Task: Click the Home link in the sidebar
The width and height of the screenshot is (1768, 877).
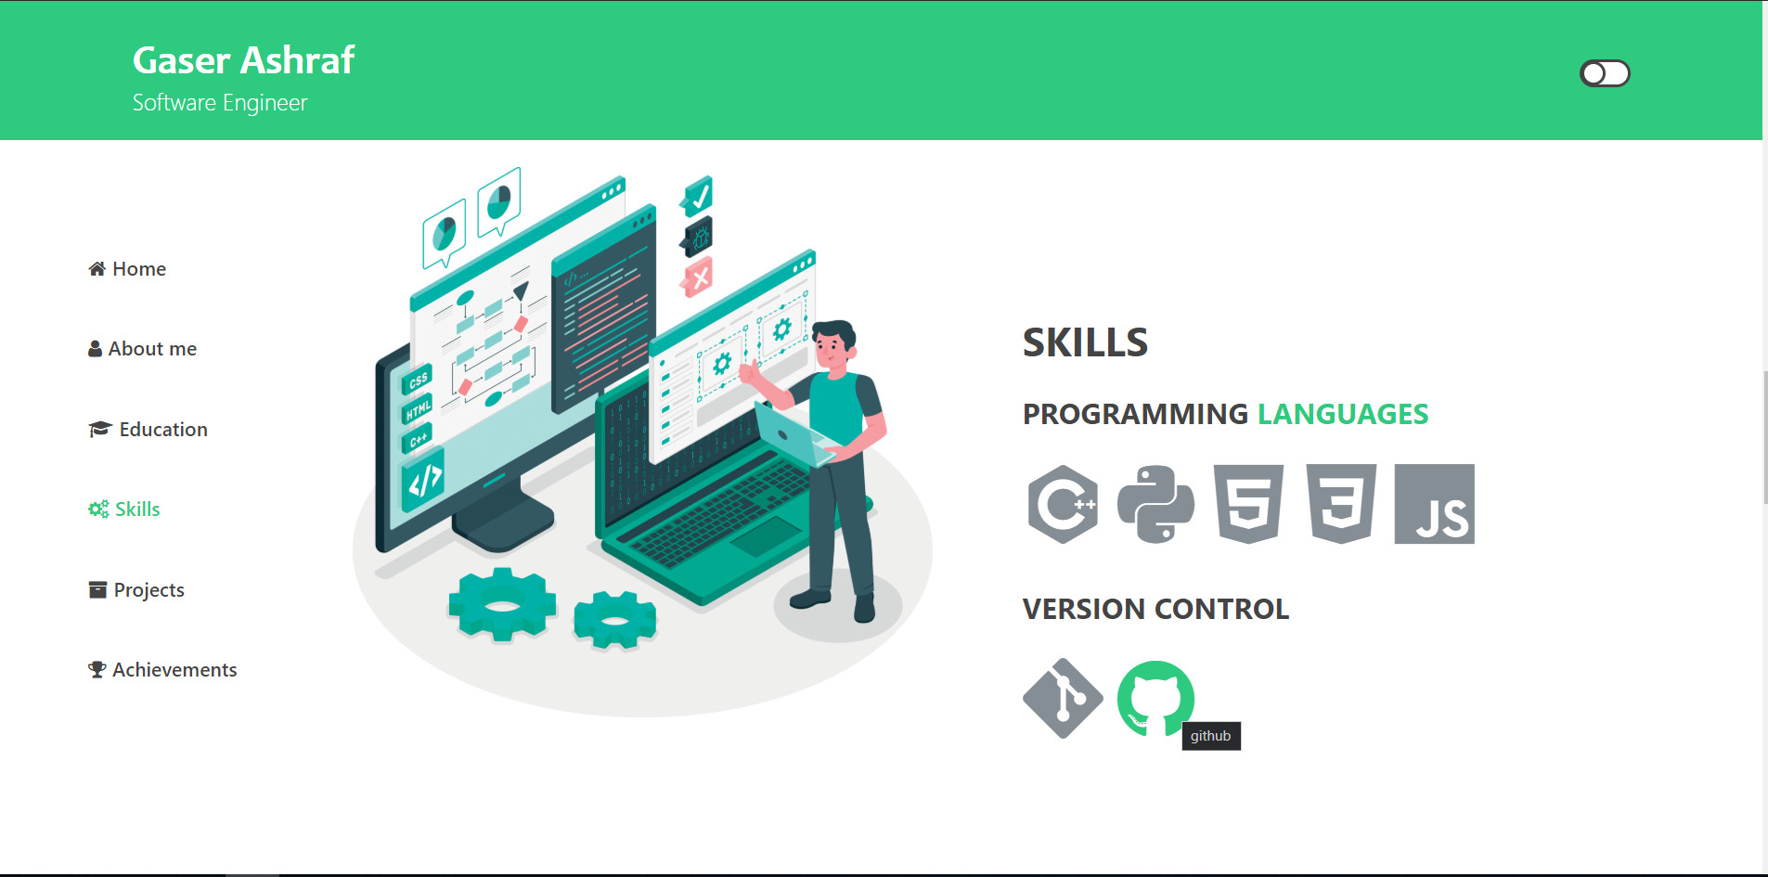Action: [128, 269]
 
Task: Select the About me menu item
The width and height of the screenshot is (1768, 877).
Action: [143, 349]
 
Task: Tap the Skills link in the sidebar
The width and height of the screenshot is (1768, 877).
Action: [125, 509]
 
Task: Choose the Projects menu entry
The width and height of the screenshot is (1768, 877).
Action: [137, 590]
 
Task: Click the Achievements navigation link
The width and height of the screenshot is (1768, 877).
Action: [163, 670]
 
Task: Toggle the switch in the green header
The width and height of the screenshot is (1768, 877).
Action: [1605, 73]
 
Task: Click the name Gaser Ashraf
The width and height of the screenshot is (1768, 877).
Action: [243, 60]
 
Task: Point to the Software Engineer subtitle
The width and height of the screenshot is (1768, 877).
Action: [220, 103]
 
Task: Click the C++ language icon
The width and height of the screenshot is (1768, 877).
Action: [1064, 504]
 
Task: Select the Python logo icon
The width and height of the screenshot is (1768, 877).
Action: [1155, 504]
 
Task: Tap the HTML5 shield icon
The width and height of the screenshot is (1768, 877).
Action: [1248, 504]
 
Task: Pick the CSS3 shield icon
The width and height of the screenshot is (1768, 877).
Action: [1341, 504]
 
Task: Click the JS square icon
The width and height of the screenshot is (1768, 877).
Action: [1434, 504]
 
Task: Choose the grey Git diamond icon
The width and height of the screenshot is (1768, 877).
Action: [1063, 699]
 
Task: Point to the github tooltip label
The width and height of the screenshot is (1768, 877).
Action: [1211, 736]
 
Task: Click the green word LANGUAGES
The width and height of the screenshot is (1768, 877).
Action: [1342, 414]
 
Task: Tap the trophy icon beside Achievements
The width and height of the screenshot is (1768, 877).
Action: [97, 670]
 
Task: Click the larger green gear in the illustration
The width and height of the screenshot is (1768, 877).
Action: [502, 605]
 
